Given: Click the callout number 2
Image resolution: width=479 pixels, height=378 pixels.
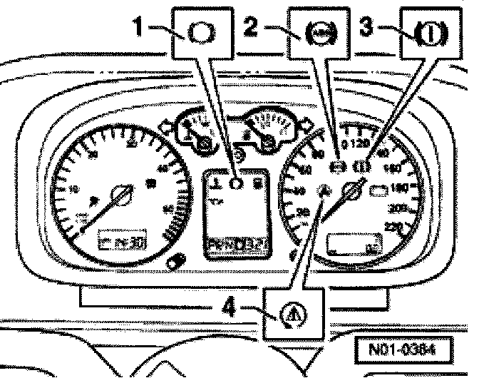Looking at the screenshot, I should click(251, 28).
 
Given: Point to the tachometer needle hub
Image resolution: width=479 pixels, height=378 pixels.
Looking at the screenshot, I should click(120, 194).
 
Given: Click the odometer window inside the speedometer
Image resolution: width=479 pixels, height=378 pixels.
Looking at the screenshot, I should click(352, 244).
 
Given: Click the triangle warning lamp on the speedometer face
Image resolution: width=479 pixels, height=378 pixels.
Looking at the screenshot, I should click(325, 190).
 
